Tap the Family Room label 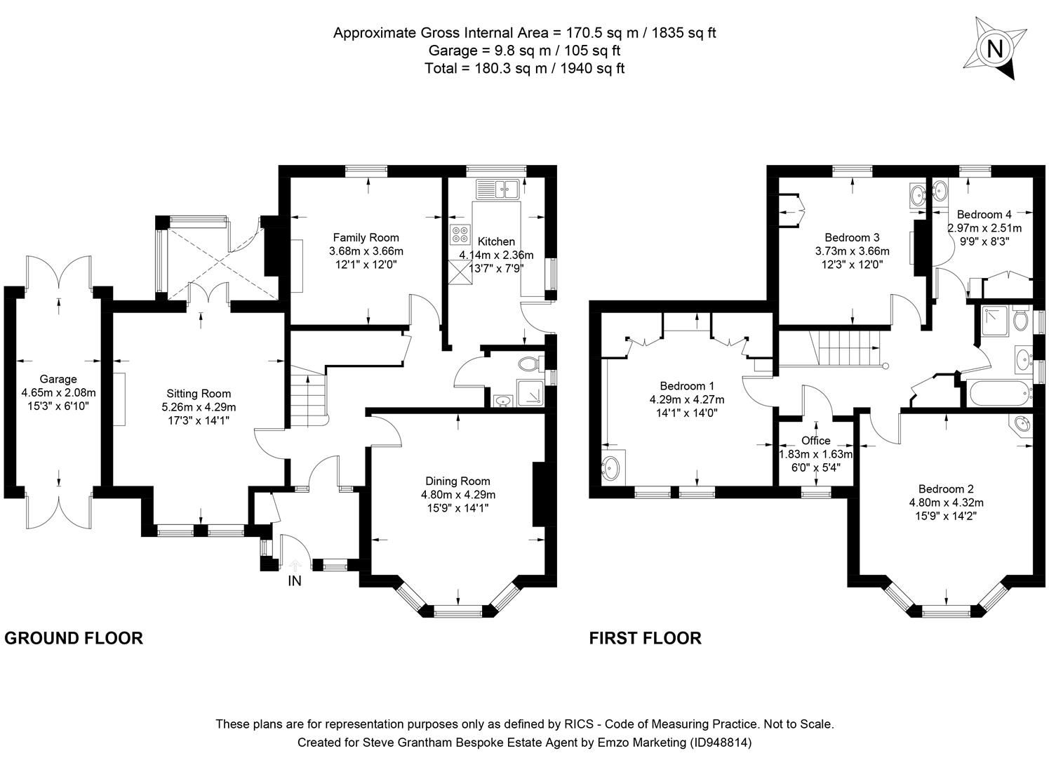(366, 237)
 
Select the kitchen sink (497, 188)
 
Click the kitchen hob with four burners (460, 234)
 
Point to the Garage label (58, 379)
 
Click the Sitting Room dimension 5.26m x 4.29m (199, 407)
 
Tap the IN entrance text (295, 581)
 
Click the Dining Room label (457, 481)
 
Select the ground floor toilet (528, 364)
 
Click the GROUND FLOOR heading (74, 638)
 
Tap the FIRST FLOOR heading (645, 638)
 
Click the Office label (815, 441)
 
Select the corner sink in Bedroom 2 (1021, 425)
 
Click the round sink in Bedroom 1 (615, 467)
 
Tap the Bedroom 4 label (984, 215)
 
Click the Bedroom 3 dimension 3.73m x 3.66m (852, 251)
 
